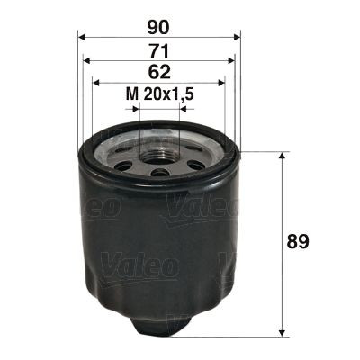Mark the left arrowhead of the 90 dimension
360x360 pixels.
coord(82,38)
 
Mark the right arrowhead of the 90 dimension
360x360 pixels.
coord(238,38)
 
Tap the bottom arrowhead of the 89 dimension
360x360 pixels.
coord(285,328)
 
